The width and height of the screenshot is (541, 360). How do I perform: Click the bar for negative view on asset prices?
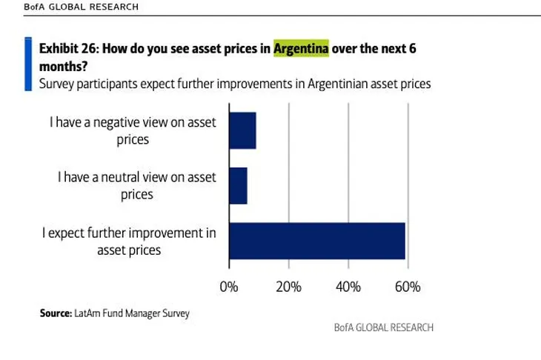(x=242, y=130)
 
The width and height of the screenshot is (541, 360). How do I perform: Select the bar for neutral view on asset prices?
(x=238, y=185)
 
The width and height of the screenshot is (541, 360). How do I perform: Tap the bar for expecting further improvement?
(x=317, y=241)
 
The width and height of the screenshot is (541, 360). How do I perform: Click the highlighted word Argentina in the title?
(x=301, y=49)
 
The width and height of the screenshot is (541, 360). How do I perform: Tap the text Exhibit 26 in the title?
(x=67, y=49)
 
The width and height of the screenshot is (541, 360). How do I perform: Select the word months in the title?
(x=60, y=66)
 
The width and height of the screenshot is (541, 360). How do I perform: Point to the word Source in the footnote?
(x=56, y=313)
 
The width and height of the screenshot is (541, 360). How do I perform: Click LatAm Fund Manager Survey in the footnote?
(x=132, y=313)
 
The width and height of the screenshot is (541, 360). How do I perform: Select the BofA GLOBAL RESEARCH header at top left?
(x=70, y=7)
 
